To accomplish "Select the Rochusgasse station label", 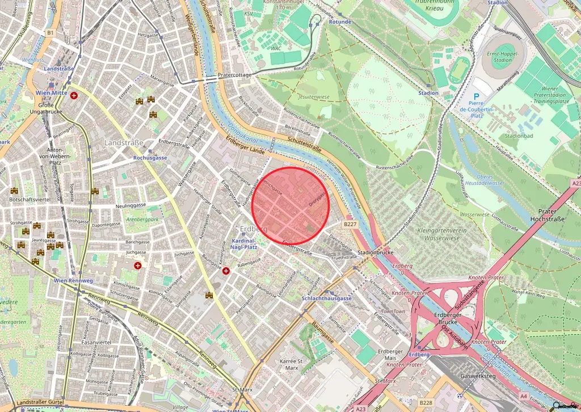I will coord(150,157).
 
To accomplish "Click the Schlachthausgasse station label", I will coord(326,299).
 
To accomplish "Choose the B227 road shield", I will coord(350,225).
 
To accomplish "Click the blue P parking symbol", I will coord(476,97).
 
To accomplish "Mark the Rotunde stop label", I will coord(340,22).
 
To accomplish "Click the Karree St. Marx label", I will coord(293,364).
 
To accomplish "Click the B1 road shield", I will coord(50,33).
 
